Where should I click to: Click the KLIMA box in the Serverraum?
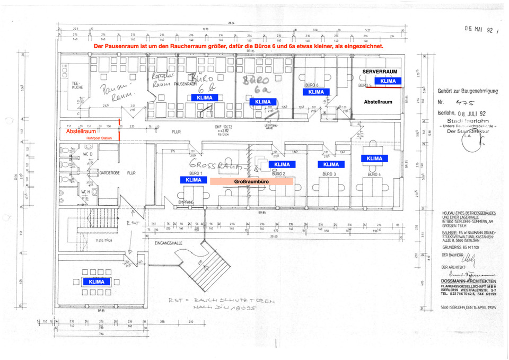(388, 81)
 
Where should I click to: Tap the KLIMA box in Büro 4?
(374, 159)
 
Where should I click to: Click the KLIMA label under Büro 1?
(194, 180)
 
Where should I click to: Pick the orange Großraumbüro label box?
(252, 181)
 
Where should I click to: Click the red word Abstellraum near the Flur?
(81, 131)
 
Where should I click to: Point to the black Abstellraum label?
(378, 101)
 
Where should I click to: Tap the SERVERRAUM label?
(380, 71)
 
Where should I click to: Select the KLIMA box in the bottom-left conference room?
(96, 282)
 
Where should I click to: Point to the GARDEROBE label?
(110, 173)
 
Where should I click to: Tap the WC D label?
(87, 154)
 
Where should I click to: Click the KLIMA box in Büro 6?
(316, 92)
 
